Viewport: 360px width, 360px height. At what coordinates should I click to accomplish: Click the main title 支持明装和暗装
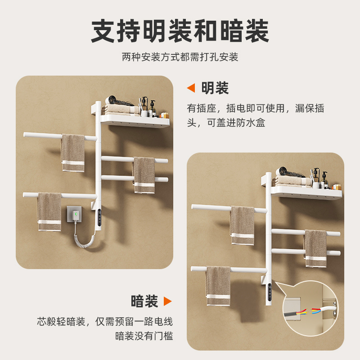180,31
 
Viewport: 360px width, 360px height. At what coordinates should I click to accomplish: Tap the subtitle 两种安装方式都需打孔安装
180,57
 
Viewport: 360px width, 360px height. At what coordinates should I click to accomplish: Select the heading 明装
215,88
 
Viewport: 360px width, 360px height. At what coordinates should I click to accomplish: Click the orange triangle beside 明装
191,88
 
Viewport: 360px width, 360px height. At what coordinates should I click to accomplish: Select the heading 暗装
144,301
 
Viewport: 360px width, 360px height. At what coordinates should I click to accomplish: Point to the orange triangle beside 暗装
167,301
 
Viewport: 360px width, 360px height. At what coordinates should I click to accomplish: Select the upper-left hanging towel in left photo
73,153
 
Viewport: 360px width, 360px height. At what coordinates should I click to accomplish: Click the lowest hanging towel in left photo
49,211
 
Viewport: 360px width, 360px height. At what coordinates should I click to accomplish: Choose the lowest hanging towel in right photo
218,286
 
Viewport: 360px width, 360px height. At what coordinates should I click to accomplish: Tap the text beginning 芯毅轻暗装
105,321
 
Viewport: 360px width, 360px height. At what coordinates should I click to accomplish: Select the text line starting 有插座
255,108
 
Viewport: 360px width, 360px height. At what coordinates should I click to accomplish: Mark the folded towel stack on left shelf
119,109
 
